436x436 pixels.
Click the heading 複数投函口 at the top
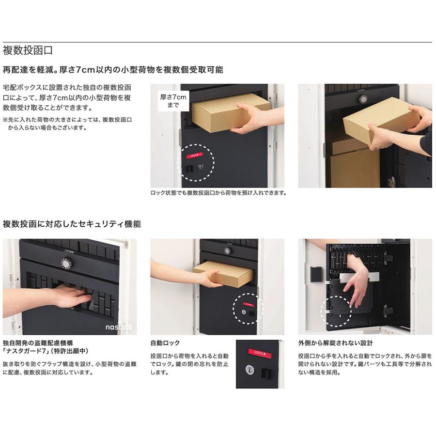click(x=28, y=50)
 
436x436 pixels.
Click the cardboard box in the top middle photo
click(x=230, y=112)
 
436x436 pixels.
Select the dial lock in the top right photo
click(x=363, y=98)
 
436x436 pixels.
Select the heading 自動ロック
click(x=165, y=343)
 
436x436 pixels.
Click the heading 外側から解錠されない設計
click(x=336, y=343)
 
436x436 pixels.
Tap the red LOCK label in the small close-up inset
click(x=260, y=352)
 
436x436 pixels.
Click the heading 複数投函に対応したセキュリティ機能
click(x=72, y=224)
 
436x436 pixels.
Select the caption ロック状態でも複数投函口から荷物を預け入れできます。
click(x=218, y=193)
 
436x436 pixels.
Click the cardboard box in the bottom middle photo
click(x=223, y=274)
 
